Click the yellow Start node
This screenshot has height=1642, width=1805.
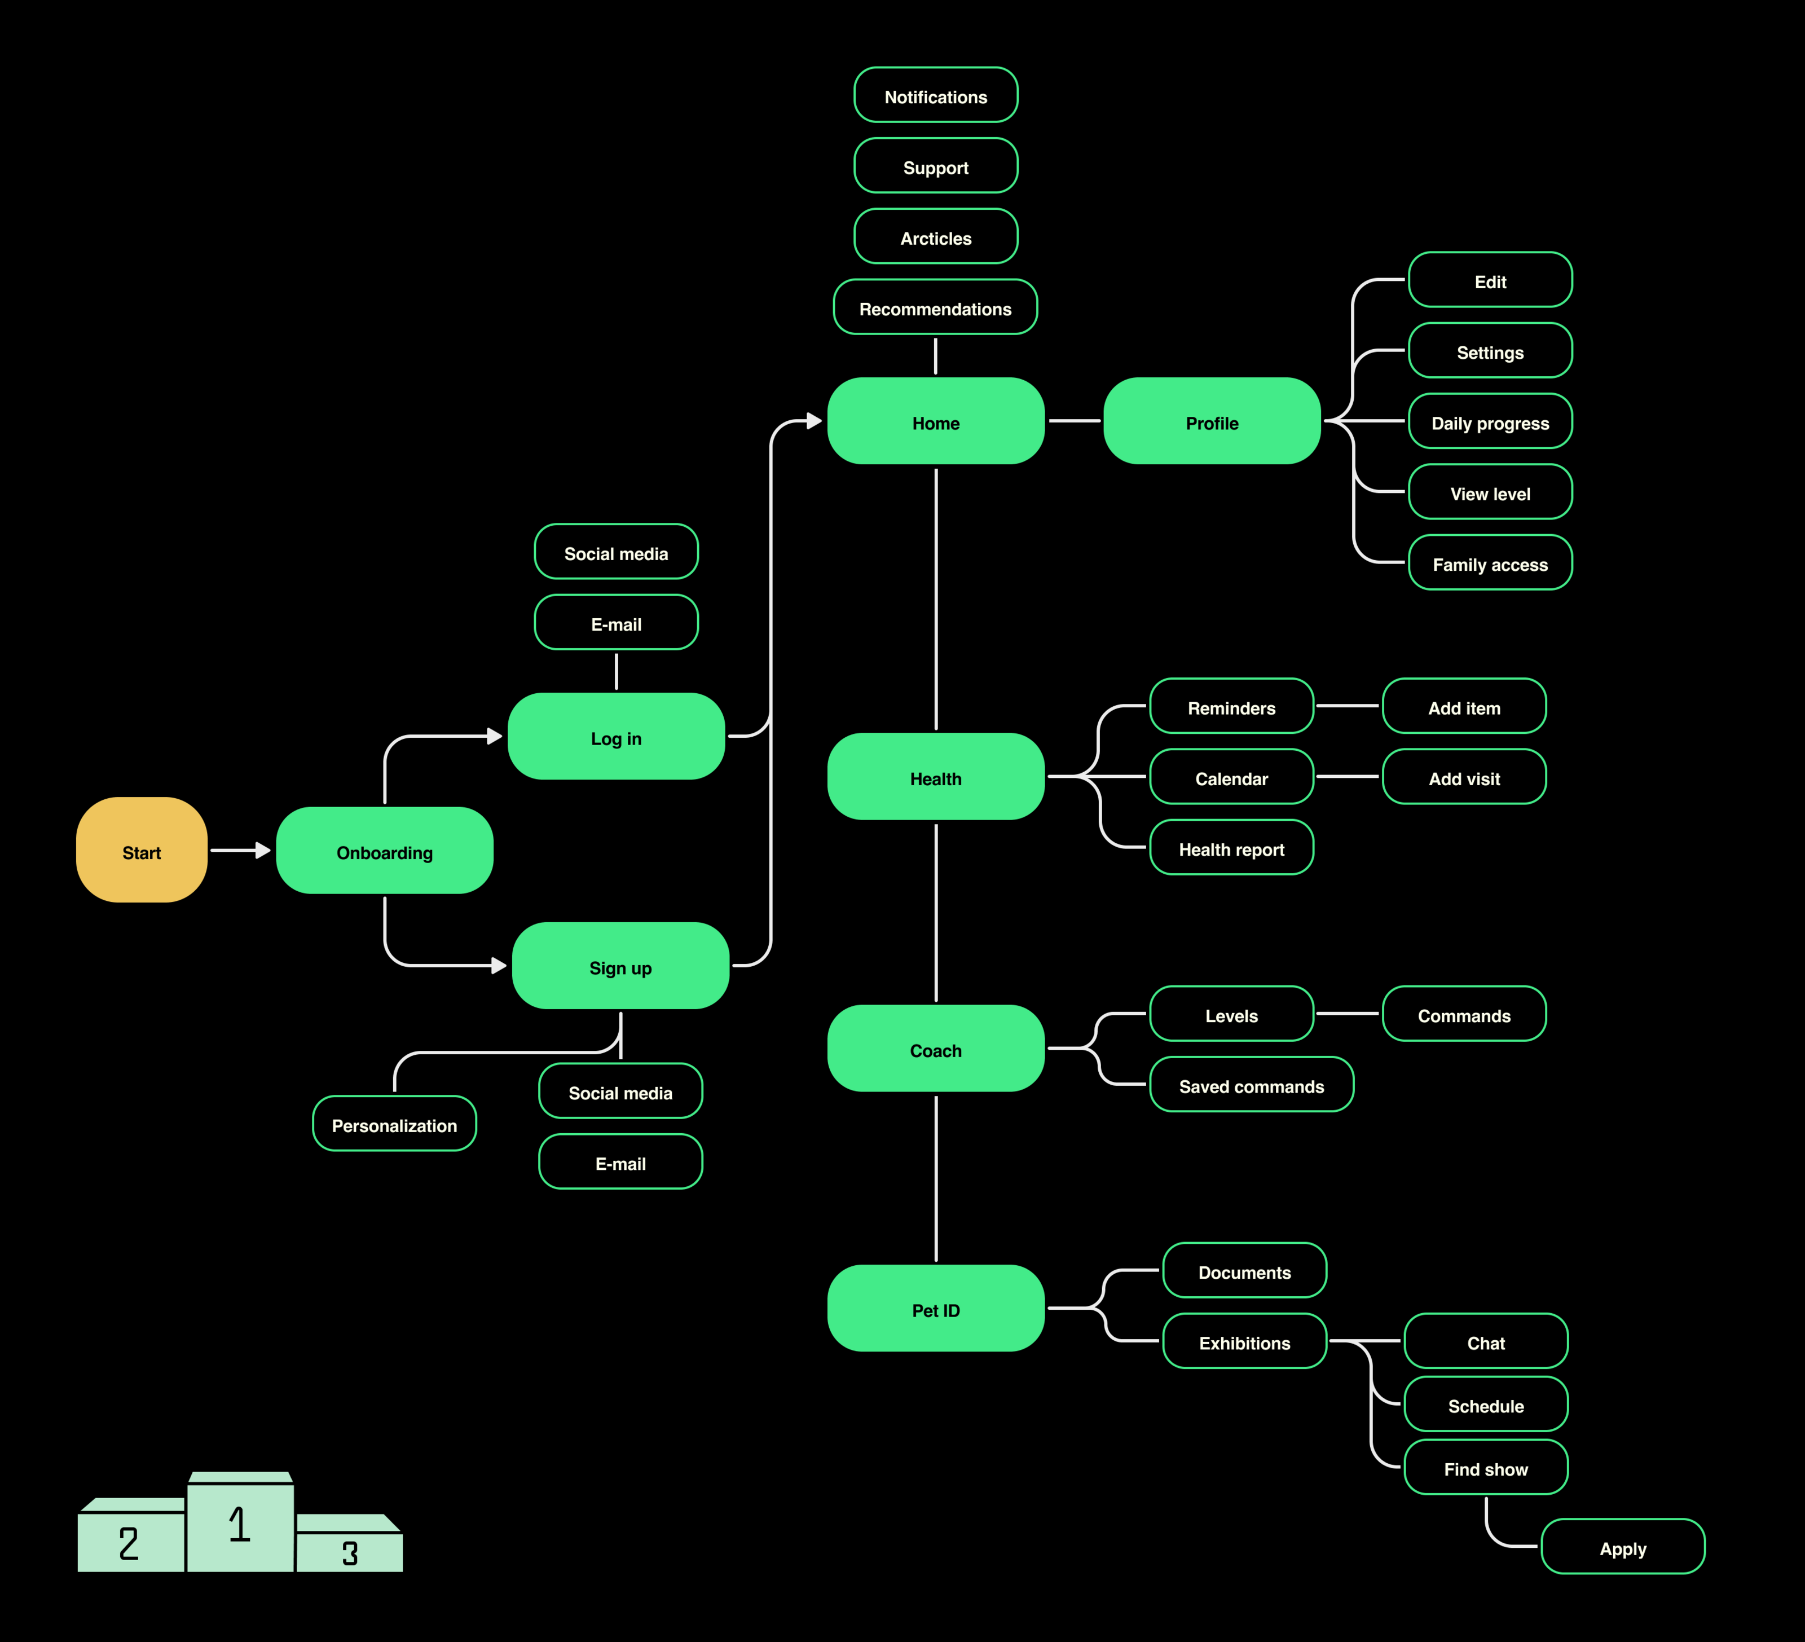[142, 851]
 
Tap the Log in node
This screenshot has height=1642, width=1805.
[616, 737]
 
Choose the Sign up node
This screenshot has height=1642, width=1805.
[620, 966]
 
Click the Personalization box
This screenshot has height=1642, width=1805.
[394, 1125]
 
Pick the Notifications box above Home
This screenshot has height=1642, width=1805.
[936, 96]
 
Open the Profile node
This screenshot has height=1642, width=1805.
[1212, 422]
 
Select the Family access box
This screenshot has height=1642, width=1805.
[1490, 563]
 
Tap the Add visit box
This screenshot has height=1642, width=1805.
[1464, 777]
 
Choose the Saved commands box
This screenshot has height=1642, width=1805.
[1251, 1085]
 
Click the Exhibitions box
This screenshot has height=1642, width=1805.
[1244, 1341]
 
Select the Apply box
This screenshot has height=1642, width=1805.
[1622, 1547]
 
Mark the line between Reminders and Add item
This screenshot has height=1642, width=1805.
[1348, 706]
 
